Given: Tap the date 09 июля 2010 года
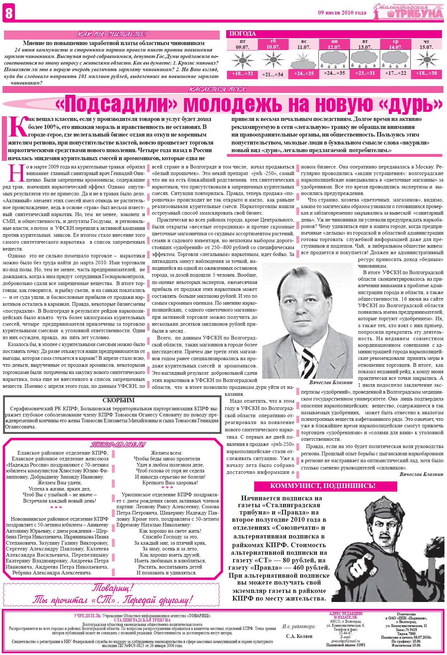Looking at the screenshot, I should pos(342,13).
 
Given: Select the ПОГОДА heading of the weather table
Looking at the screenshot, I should pos(243,34).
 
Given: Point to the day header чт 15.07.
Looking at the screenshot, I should pos(426,44).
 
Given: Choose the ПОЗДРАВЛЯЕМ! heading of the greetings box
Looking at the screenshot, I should pos(118,445).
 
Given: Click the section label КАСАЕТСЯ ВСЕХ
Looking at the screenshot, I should pos(217,89).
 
